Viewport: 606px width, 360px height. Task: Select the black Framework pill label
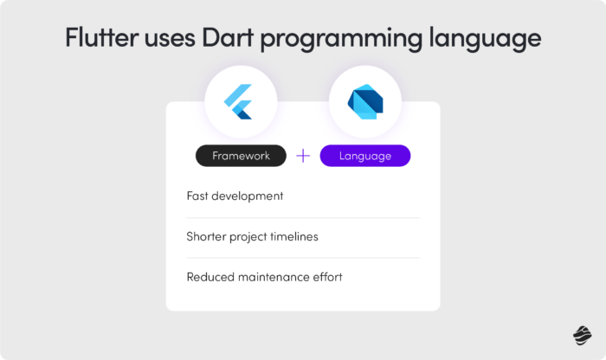point(241,156)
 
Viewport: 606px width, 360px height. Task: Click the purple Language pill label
point(364,156)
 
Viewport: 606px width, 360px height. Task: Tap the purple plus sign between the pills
point(303,156)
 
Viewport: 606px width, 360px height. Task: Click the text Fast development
point(235,196)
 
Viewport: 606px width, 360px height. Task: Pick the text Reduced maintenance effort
point(265,277)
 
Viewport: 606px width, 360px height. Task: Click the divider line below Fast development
point(303,217)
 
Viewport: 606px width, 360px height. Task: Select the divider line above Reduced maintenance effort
point(303,258)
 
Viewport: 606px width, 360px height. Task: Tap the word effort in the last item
point(326,277)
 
